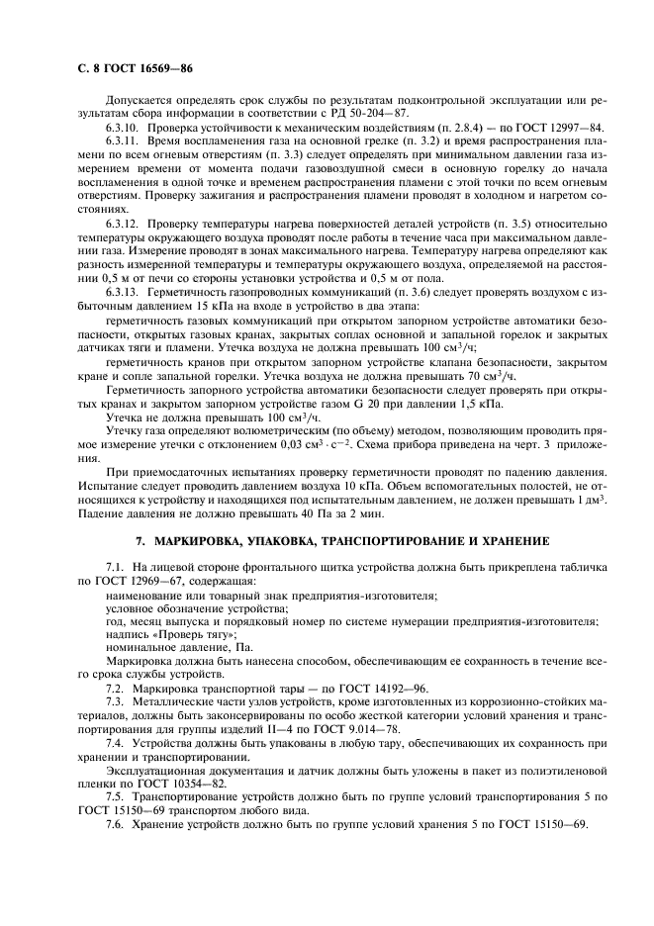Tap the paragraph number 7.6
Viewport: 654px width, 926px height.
tap(115, 825)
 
